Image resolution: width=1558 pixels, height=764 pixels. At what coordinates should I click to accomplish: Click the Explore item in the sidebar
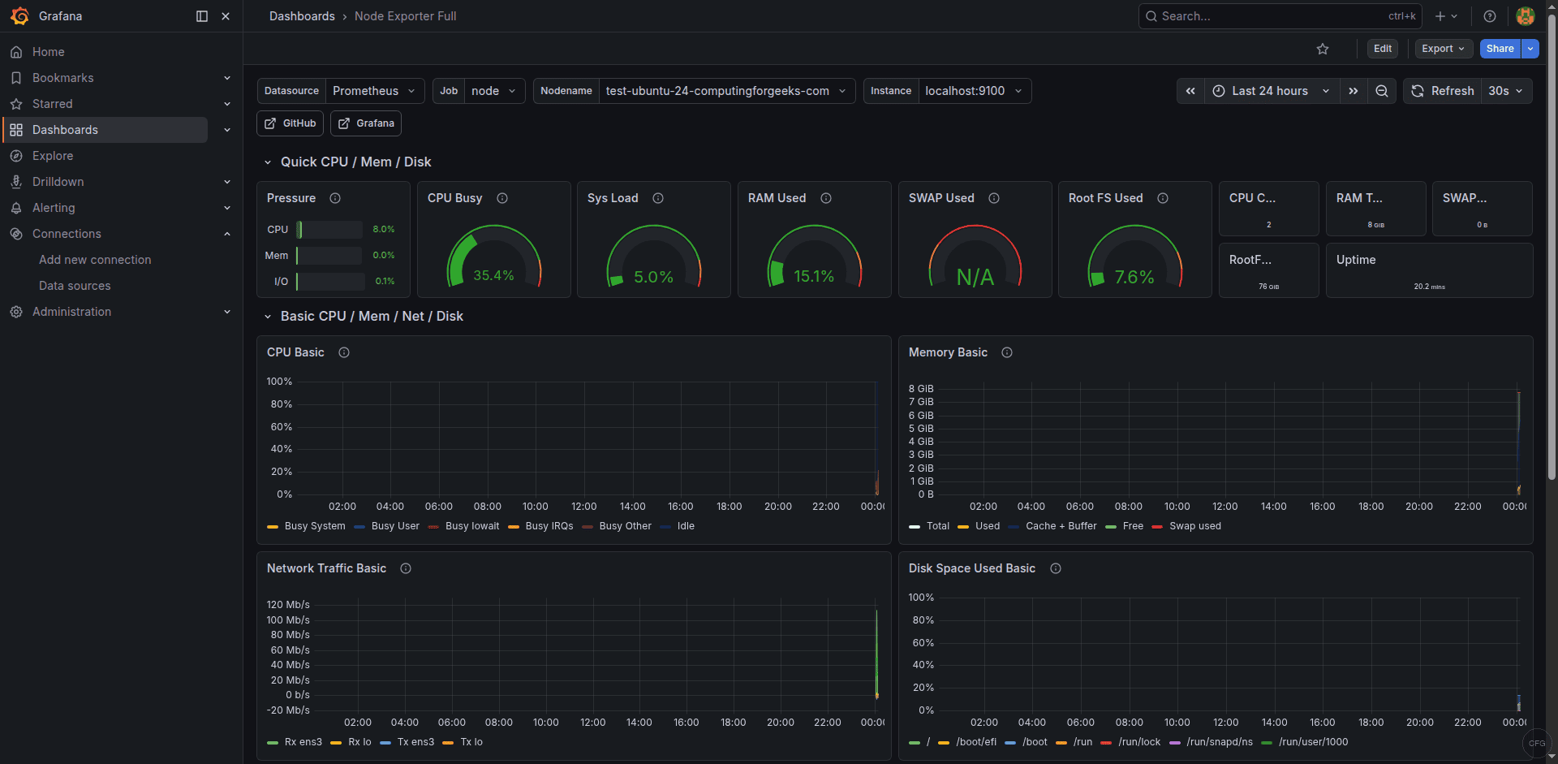click(x=53, y=156)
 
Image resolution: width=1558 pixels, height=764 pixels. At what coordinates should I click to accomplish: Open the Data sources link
click(x=75, y=286)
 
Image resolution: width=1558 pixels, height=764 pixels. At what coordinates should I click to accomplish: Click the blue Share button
click(x=1500, y=49)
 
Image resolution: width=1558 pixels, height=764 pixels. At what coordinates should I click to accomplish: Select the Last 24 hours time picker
click(x=1270, y=91)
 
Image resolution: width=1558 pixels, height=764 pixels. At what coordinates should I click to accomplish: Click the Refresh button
click(x=1443, y=91)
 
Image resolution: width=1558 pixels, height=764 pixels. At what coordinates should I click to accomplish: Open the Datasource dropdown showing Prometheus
click(x=373, y=91)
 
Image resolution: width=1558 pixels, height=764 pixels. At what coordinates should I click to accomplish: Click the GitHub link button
click(x=291, y=123)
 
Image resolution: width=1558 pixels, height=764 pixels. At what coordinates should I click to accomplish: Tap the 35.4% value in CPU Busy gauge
click(x=493, y=276)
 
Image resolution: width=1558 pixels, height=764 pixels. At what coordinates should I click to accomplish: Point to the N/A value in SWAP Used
click(x=975, y=278)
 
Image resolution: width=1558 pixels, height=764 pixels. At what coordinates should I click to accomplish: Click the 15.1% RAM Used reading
click(x=814, y=277)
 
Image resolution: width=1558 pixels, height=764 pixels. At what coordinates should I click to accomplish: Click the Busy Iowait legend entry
click(x=472, y=526)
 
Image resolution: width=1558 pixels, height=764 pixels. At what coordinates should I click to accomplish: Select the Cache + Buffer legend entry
click(x=1061, y=526)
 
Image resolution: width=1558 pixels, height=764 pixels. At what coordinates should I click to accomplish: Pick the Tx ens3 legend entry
click(x=415, y=742)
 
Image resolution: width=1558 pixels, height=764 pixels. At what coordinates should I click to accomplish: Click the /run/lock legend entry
click(x=1139, y=742)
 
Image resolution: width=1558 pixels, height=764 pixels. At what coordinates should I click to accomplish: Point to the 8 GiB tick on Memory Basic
click(x=921, y=389)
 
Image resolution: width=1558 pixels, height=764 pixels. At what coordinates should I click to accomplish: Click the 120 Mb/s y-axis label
click(x=288, y=605)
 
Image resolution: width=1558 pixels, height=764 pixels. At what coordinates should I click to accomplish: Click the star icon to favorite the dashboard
click(x=1323, y=49)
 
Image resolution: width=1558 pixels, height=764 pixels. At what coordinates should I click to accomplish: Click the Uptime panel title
click(x=1356, y=260)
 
